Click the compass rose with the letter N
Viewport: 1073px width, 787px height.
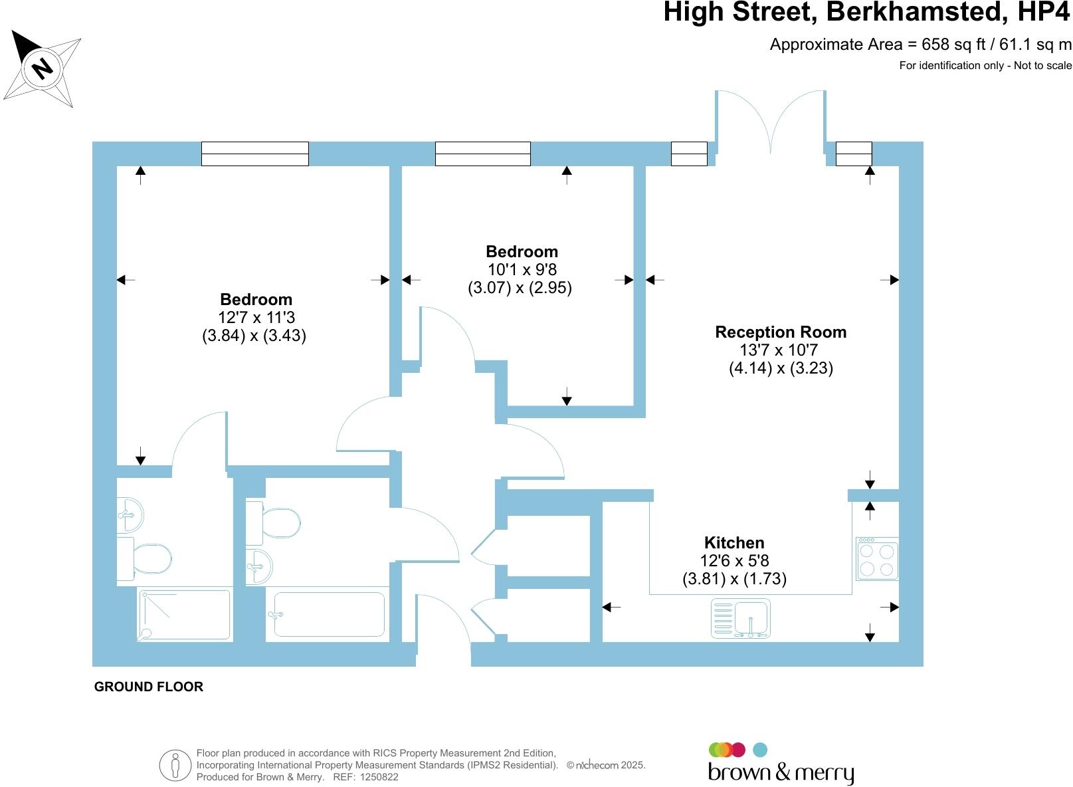[x=43, y=68]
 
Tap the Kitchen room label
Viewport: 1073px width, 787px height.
[x=734, y=542]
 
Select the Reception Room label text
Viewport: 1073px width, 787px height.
[x=781, y=332]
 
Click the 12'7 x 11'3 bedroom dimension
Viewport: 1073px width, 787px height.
[x=256, y=318]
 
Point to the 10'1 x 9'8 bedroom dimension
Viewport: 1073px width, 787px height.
[x=522, y=270]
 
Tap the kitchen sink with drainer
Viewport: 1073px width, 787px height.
[x=740, y=619]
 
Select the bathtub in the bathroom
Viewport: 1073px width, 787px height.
[x=329, y=615]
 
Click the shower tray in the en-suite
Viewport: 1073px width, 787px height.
[x=185, y=615]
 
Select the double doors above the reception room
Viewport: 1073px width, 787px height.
[x=770, y=120]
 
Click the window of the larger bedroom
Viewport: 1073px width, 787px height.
[x=255, y=154]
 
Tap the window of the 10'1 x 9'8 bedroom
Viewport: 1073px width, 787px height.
[x=482, y=154]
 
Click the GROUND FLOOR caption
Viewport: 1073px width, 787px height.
[x=149, y=687]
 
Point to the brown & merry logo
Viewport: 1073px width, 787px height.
[x=780, y=764]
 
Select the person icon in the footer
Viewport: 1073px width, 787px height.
[x=175, y=765]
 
